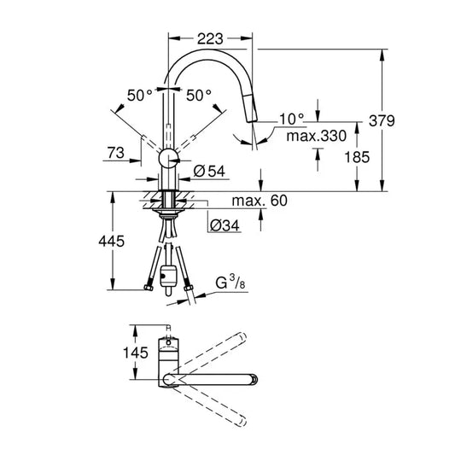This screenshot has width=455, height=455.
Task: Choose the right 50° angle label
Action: point(198,96)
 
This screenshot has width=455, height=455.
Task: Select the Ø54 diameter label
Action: point(209,172)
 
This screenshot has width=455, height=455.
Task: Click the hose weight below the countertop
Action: point(169,277)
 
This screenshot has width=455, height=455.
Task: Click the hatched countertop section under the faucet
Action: point(170,201)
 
